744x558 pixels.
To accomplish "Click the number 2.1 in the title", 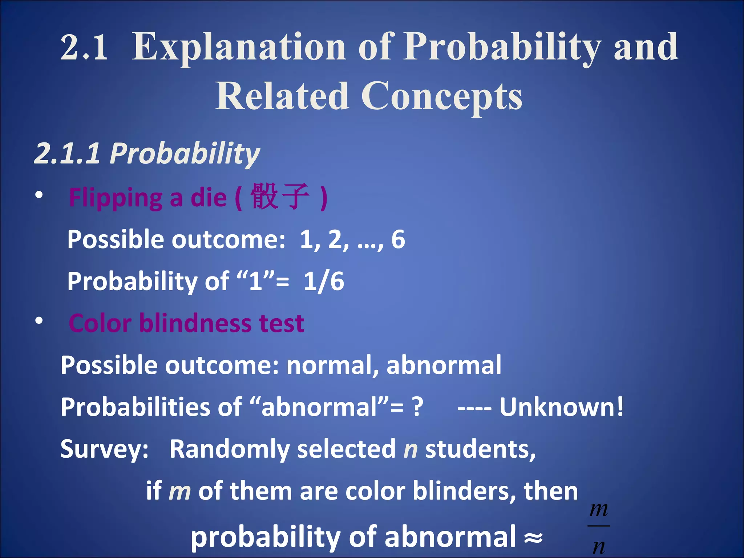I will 84,47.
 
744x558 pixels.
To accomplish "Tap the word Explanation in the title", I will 238,47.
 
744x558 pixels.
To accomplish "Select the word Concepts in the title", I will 441,96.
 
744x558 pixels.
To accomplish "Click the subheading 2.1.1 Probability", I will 147,153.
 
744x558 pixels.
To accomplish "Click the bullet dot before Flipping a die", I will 39,195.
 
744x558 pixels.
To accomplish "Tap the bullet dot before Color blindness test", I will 39,321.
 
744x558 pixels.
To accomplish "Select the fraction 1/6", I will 324,281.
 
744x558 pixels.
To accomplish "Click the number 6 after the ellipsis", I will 398,239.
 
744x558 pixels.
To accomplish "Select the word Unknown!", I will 561,407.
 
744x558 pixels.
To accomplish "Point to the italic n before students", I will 411,449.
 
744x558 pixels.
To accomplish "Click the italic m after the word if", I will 180,491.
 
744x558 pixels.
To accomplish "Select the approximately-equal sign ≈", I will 533,537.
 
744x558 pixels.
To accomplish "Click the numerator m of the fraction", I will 598,509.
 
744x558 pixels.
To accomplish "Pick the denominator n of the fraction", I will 599,546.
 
